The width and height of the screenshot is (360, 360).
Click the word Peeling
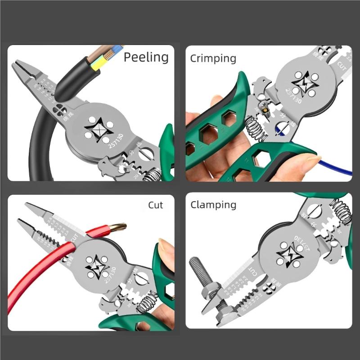tap(146, 58)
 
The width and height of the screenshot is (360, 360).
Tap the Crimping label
tap(213, 58)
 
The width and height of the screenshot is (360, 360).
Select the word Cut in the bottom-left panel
tap(155, 205)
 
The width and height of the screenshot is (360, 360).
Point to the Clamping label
tap(213, 205)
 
